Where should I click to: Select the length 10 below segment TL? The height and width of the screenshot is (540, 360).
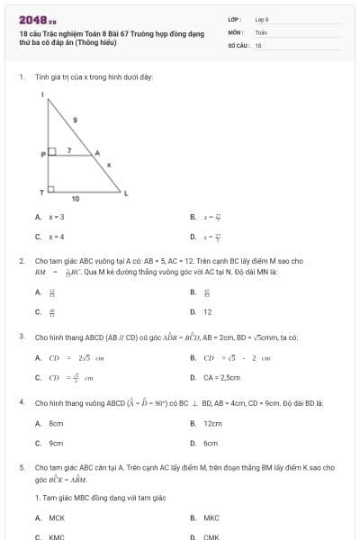(75, 198)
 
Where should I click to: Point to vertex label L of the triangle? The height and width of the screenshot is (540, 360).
(126, 193)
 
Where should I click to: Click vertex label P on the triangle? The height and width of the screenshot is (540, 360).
(42, 155)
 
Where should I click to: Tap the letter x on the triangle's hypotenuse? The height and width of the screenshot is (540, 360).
(109, 165)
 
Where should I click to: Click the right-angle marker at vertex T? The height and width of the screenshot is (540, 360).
(52, 189)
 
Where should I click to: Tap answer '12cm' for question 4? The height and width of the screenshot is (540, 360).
(212, 423)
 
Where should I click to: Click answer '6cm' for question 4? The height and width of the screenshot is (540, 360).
(211, 443)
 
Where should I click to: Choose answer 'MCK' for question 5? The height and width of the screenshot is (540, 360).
(57, 517)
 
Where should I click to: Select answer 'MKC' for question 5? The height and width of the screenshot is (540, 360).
(211, 517)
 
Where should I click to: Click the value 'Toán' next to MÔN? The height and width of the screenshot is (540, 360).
(262, 31)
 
